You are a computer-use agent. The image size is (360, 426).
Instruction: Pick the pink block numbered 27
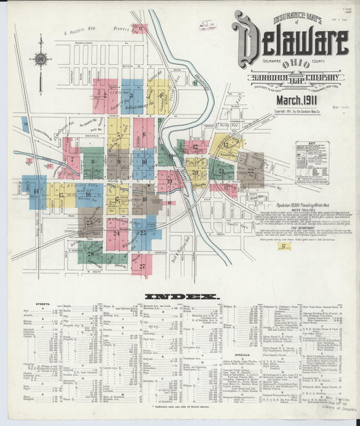[142, 265]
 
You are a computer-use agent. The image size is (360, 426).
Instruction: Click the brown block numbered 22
[251, 169]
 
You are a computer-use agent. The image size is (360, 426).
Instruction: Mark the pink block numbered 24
[118, 234]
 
